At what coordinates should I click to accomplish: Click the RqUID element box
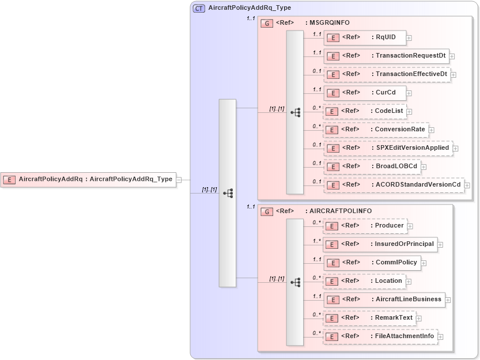point(364,37)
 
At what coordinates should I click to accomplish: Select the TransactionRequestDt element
point(385,56)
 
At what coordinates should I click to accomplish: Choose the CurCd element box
point(365,92)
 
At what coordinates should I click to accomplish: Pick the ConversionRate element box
point(376,130)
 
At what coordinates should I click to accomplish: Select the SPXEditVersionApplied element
point(387,148)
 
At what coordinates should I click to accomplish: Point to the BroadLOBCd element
point(372,166)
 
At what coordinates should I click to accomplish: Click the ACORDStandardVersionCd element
point(394,185)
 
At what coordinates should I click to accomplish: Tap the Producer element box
point(365,226)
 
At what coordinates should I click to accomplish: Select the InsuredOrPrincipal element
point(380,244)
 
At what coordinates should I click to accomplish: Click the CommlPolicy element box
point(372,263)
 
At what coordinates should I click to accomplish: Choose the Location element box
point(364,281)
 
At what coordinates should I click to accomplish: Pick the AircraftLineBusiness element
point(384,300)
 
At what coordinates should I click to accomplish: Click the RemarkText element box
point(369,318)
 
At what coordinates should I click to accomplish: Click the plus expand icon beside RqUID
point(409,38)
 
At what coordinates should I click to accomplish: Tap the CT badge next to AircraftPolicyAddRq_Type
point(199,9)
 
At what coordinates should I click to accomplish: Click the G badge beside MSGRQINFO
point(267,24)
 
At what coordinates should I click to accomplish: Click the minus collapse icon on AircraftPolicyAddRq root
point(179,180)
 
